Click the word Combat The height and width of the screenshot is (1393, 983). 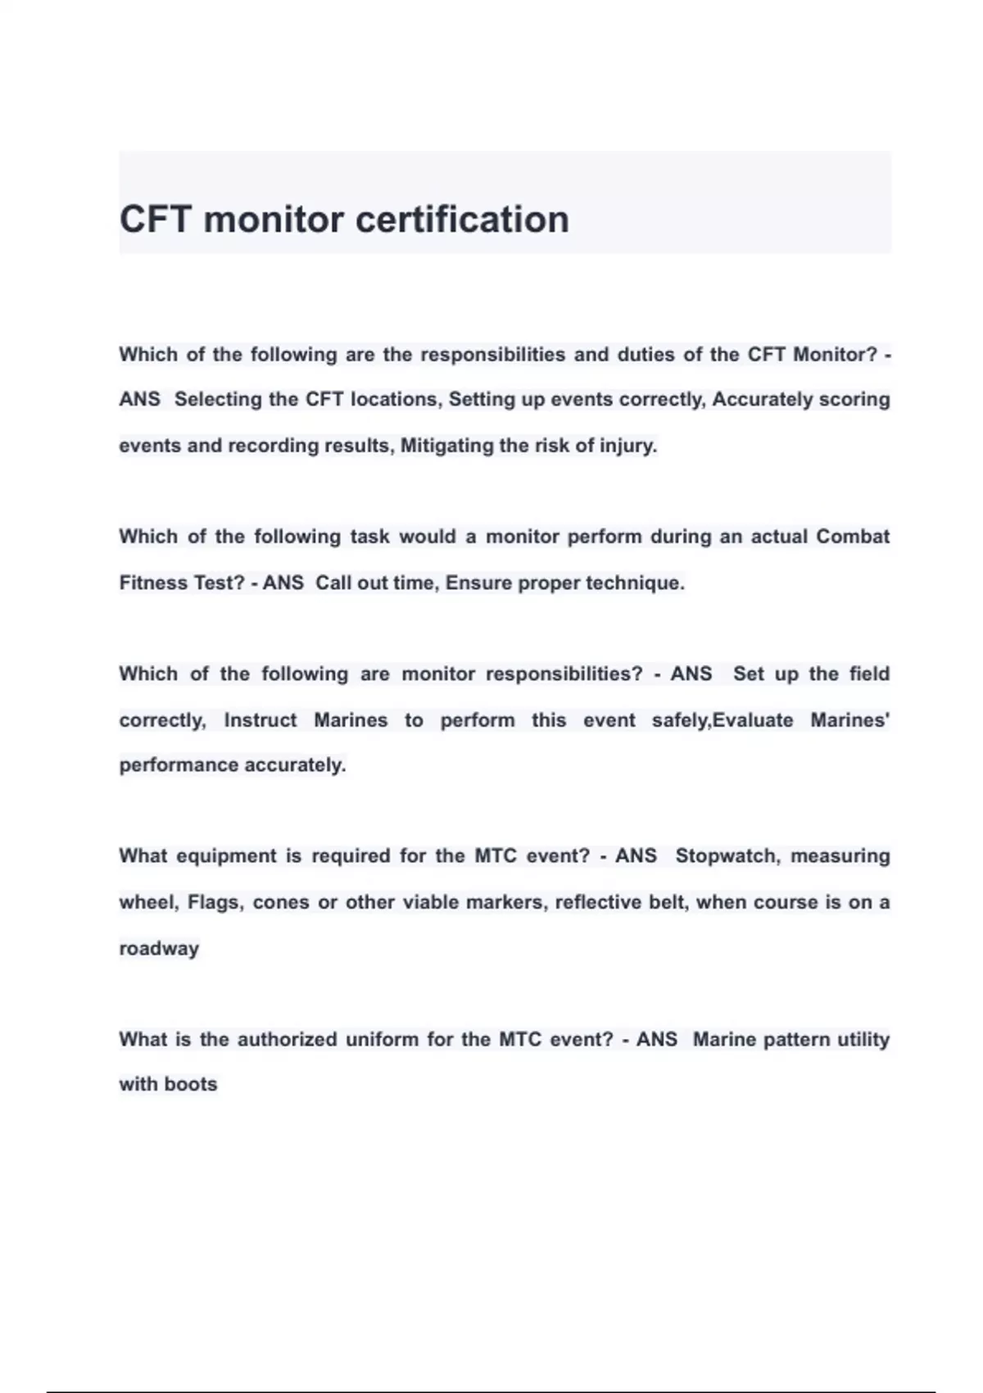point(853,537)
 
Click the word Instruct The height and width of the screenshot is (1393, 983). point(260,720)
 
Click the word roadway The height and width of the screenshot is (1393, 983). point(159,949)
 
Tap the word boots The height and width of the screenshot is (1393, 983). point(190,1084)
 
